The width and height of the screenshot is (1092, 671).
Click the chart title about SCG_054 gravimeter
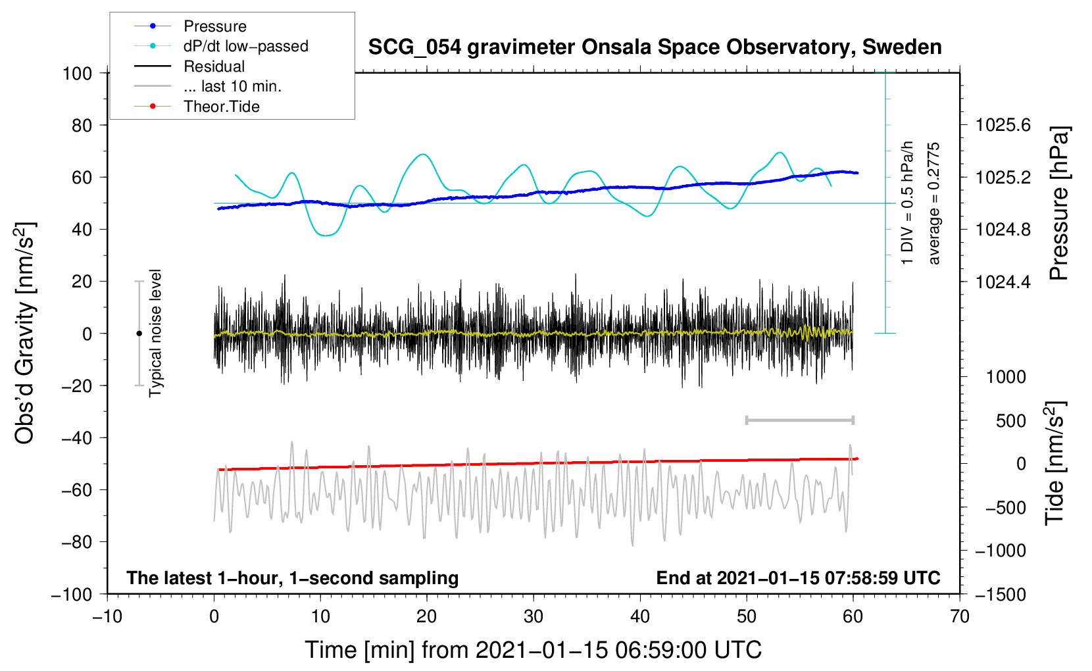coord(655,47)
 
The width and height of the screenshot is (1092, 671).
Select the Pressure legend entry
coord(214,26)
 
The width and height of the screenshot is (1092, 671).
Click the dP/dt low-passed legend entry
coord(245,46)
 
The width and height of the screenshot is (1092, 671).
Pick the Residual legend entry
coord(214,66)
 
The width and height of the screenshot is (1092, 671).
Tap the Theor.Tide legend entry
coord(221,107)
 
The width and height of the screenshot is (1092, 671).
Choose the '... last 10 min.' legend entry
coord(232,86)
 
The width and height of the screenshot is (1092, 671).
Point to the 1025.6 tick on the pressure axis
coord(1003,125)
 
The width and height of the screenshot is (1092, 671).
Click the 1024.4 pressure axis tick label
coord(1003,282)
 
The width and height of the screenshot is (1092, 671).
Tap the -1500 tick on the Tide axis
coord(1000,595)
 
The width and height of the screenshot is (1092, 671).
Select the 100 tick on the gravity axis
coord(77,73)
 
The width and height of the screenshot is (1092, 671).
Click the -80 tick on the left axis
coord(77,542)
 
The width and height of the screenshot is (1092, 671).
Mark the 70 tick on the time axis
coord(960,617)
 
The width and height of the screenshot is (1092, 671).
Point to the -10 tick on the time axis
coord(107,617)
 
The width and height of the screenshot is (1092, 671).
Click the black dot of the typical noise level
coord(139,334)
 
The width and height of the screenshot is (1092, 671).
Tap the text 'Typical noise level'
coord(155,333)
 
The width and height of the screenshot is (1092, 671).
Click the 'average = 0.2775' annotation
coord(934,203)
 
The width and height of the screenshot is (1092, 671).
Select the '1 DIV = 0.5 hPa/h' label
coord(908,203)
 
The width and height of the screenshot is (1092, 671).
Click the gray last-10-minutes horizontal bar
coord(799,420)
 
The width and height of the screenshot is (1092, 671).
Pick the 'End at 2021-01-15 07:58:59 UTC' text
coord(798,578)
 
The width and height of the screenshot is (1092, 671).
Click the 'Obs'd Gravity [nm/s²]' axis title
coord(25,333)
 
